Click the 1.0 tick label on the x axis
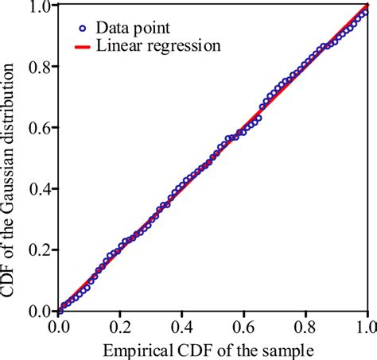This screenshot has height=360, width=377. (367, 326)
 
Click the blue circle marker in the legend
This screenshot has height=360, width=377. (84, 26)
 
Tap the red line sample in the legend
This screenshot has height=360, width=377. (84, 46)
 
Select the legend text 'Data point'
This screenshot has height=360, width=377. (130, 26)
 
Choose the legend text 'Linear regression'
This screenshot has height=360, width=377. (158, 46)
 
